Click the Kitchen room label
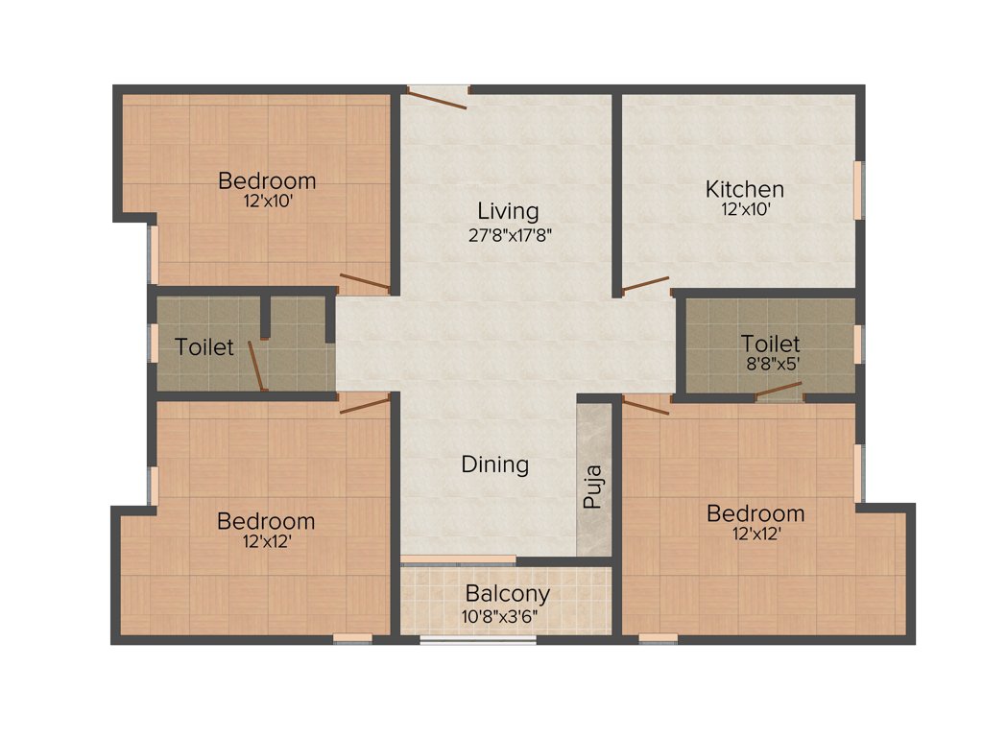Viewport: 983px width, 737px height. point(745,188)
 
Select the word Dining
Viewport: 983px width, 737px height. point(495,464)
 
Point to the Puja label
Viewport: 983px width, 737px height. point(594,487)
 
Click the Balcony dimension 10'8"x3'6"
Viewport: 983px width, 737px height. point(507,615)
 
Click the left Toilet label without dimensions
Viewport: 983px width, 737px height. point(204,346)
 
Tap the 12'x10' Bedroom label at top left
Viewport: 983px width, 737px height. point(267,180)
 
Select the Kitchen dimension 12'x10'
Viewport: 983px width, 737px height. point(745,207)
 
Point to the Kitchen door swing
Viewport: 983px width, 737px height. point(645,285)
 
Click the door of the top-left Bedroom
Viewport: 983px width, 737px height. point(365,282)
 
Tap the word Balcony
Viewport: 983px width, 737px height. point(507,594)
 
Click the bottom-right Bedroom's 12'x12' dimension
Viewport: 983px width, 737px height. point(755,534)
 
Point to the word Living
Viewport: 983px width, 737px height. point(508,211)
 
